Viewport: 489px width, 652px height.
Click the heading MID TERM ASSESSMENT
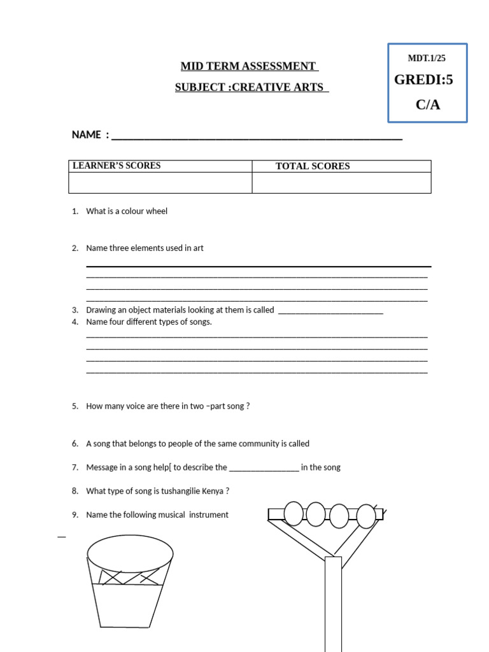click(x=248, y=66)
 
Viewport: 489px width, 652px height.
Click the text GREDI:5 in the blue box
click(x=423, y=80)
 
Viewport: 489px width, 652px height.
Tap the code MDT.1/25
click(x=427, y=59)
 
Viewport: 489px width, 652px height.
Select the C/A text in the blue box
click(x=428, y=104)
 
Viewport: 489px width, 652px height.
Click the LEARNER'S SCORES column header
click(x=117, y=166)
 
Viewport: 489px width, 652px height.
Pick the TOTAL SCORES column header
click(x=313, y=166)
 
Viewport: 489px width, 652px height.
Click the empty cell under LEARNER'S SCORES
click(x=160, y=183)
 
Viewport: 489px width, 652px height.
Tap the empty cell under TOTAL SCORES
click(x=341, y=183)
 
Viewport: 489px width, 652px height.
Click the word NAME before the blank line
click(x=87, y=135)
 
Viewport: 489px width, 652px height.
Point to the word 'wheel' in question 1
click(x=156, y=211)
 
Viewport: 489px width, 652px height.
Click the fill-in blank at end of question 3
click(x=331, y=311)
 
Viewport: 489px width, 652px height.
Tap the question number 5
click(x=74, y=406)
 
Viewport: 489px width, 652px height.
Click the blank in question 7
click(x=264, y=468)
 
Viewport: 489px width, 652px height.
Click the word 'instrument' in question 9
click(x=209, y=515)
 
